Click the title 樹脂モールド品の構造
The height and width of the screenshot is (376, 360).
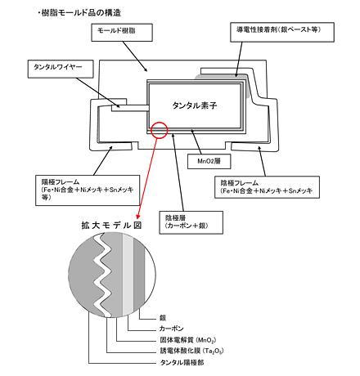pyautogui.click(x=81, y=12)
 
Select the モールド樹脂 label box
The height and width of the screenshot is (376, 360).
pyautogui.click(x=122, y=33)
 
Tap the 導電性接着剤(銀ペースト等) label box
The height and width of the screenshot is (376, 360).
pyautogui.click(x=282, y=32)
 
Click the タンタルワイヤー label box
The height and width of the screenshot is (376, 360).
pyautogui.click(x=61, y=69)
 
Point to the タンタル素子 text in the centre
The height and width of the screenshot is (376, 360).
pyautogui.click(x=195, y=105)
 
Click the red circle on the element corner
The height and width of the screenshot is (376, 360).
pyautogui.click(x=159, y=130)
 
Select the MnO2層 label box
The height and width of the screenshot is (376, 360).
pyautogui.click(x=209, y=161)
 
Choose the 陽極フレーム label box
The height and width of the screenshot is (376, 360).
pyautogui.click(x=88, y=190)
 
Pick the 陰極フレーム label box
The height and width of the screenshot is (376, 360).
pyautogui.click(x=267, y=187)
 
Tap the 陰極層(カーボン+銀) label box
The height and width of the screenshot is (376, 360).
pyautogui.click(x=191, y=222)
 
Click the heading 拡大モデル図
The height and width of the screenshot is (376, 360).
pyautogui.click(x=111, y=226)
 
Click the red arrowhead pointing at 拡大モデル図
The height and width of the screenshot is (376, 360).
pyautogui.click(x=138, y=217)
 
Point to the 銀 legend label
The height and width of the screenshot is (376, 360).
pyautogui.click(x=163, y=318)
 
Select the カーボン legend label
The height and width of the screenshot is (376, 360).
pyautogui.click(x=172, y=329)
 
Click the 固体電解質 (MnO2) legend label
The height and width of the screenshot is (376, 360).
pyautogui.click(x=188, y=340)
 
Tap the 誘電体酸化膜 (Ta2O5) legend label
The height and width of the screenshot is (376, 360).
pyautogui.click(x=191, y=351)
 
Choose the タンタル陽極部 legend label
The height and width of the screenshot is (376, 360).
pyautogui.click(x=182, y=363)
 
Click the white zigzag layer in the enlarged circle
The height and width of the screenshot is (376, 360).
pyautogui.click(x=103, y=275)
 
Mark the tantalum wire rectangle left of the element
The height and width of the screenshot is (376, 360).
pyautogui.click(x=130, y=108)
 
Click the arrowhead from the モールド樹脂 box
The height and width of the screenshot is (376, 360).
pyautogui.click(x=146, y=69)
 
